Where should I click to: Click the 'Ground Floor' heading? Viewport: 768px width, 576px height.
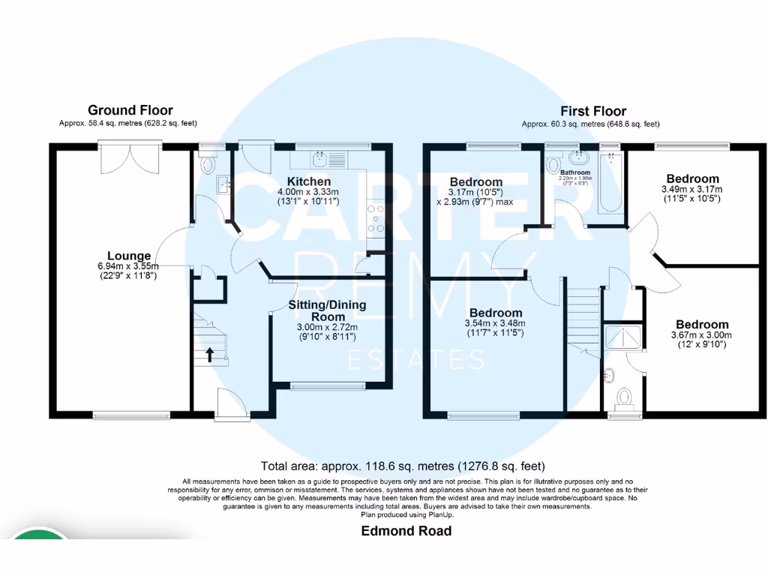[x=130, y=110]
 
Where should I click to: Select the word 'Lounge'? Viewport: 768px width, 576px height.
[x=128, y=256]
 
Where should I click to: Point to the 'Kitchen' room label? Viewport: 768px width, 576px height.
[x=308, y=181]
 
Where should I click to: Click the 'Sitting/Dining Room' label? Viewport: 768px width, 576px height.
[x=328, y=310]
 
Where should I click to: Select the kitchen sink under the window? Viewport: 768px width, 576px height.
[x=328, y=158]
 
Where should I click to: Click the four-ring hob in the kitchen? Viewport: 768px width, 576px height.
[x=375, y=219]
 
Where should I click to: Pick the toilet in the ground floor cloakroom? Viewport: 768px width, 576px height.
[x=208, y=163]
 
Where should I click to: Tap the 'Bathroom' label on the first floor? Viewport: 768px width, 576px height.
[x=576, y=172]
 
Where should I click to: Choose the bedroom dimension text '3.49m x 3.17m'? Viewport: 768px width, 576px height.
[x=692, y=190]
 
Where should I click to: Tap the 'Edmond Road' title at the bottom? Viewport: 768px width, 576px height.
[x=406, y=531]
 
